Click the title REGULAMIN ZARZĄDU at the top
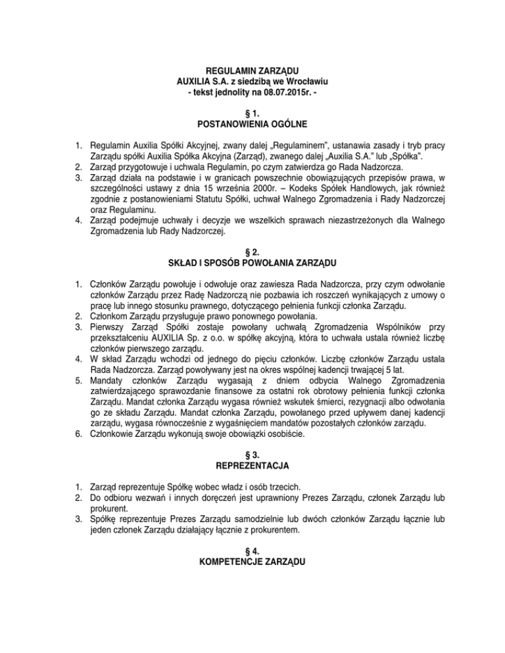tap(253, 70)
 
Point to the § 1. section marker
tap(253, 113)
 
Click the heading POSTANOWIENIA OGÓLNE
tap(253, 125)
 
